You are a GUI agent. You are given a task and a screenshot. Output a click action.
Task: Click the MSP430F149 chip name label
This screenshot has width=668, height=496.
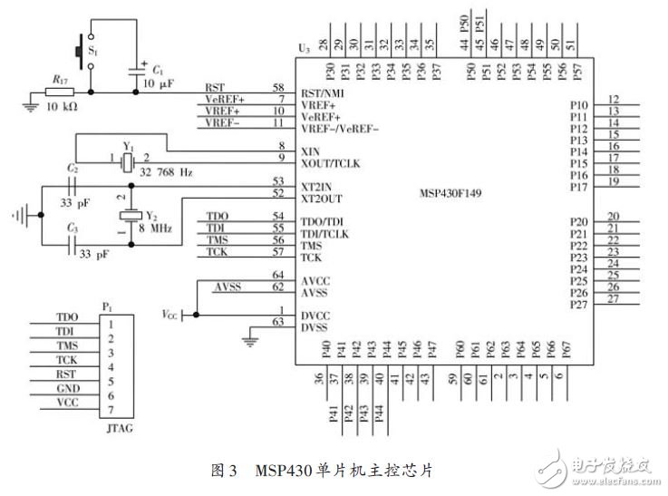(457, 194)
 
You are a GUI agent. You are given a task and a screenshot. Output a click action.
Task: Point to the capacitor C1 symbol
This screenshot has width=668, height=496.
(137, 70)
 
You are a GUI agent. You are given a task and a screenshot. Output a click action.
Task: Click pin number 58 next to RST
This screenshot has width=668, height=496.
(277, 86)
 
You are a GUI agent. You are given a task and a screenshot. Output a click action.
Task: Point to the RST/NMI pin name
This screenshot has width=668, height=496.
(322, 93)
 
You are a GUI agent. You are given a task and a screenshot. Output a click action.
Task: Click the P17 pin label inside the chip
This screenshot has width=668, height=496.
(579, 187)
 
